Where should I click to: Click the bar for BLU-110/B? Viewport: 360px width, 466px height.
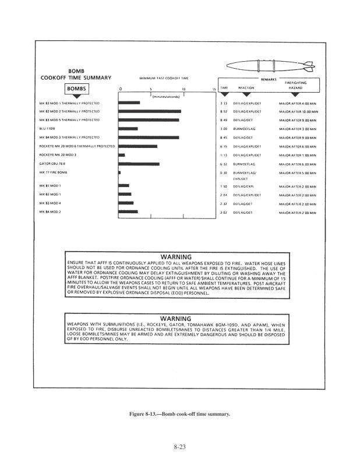(x=128, y=128)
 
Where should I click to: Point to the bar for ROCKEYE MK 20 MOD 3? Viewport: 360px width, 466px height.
(x=121, y=155)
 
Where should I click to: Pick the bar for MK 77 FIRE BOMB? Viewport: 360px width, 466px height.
(x=119, y=173)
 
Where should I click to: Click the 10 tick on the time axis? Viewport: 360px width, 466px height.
(x=183, y=89)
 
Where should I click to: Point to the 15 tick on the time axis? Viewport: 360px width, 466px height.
(x=214, y=89)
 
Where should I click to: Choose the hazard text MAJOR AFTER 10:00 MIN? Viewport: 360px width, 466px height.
(x=297, y=111)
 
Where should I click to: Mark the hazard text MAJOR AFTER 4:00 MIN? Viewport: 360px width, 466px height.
(x=297, y=102)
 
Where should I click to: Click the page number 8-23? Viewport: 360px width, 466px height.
(x=179, y=447)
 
